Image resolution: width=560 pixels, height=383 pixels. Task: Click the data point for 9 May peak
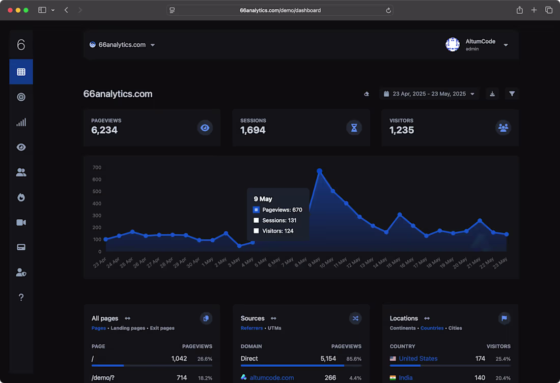[319, 171]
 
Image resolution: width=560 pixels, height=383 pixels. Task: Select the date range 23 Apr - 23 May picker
[429, 94]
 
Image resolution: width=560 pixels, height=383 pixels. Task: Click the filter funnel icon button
[512, 94]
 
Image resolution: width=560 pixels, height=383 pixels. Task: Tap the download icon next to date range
[492, 94]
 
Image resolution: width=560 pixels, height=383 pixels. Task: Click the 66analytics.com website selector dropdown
[122, 45]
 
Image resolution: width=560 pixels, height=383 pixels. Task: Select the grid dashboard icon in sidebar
[21, 72]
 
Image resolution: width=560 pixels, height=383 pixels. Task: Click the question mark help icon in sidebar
[21, 298]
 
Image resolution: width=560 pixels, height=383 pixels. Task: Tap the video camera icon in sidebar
[21, 222]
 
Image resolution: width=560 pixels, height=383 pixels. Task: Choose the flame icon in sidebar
[21, 197]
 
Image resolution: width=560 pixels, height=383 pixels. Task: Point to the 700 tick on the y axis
[97, 167]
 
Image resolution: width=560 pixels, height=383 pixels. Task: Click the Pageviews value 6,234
[104, 130]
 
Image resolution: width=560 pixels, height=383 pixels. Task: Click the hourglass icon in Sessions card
[354, 128]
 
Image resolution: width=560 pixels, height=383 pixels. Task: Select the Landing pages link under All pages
[128, 328]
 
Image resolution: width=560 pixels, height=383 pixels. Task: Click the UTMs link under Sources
[274, 328]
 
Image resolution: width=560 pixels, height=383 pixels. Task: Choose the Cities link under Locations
[455, 328]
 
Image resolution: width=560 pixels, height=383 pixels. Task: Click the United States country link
[418, 359]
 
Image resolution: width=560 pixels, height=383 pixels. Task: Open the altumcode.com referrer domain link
[271, 378]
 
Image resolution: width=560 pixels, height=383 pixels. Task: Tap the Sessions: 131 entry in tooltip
[279, 220]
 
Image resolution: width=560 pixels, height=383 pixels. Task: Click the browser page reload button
[388, 10]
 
